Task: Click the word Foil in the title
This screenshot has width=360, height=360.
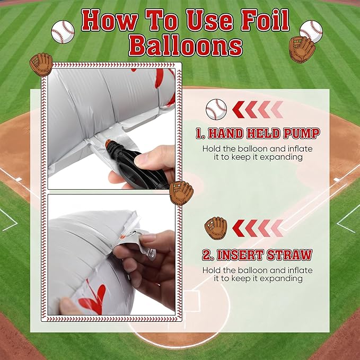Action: (265, 21)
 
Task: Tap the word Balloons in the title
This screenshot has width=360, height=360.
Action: (186, 46)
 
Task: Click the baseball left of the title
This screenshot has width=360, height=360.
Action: (63, 32)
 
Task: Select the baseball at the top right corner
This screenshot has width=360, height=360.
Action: (311, 31)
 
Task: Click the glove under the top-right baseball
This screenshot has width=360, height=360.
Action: (302, 49)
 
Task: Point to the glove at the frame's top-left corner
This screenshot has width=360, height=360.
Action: (41, 65)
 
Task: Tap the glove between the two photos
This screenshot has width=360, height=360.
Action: (181, 192)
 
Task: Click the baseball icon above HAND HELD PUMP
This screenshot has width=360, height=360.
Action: (216, 109)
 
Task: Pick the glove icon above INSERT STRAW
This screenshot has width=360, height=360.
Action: (216, 228)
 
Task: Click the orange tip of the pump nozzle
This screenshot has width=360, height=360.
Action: (109, 144)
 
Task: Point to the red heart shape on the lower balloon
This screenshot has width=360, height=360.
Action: (93, 297)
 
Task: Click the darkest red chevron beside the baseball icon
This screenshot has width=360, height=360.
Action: (238, 110)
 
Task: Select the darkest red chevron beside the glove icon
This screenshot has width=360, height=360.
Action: (238, 228)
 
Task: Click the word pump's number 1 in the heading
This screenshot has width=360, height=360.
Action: (198, 134)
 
